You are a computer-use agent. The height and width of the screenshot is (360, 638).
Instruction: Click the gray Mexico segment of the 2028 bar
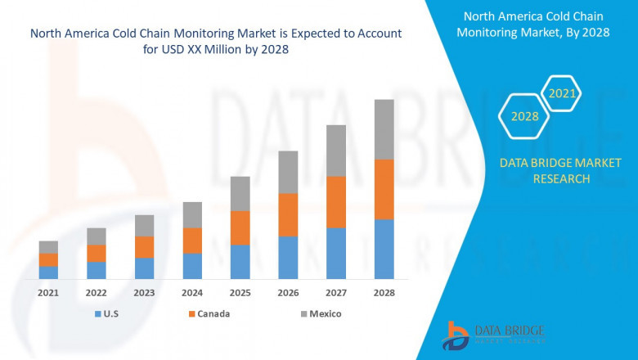pos(384,129)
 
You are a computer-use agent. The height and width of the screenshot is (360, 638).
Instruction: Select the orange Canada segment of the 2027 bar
pos(336,202)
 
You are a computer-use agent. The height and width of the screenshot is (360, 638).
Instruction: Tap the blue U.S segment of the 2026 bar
pos(288,258)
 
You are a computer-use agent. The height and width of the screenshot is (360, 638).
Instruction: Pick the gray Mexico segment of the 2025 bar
pos(240,193)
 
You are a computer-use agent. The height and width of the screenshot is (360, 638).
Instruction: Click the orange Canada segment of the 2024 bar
pos(192,241)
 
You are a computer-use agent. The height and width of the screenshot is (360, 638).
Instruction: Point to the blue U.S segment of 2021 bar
pos(48,272)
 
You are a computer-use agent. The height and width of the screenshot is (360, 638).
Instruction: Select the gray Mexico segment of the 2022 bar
pos(97,236)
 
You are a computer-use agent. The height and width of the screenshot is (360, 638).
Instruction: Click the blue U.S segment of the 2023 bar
pos(144,268)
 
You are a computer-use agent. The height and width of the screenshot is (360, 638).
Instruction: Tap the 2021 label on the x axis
pos(48,292)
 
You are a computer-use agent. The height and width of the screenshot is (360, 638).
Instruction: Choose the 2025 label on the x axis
pos(240,292)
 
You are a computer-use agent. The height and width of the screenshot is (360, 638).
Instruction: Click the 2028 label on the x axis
pos(384,292)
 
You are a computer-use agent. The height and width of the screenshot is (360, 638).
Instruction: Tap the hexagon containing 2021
pos(562,94)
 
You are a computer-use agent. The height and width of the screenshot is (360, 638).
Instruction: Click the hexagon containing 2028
pos(524,116)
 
